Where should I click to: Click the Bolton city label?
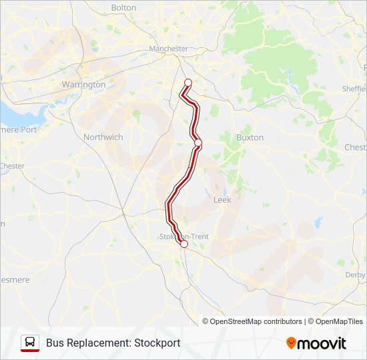click(x=123, y=8)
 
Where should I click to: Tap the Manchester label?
click(x=168, y=49)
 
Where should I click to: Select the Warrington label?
click(x=83, y=85)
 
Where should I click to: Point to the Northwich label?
click(x=103, y=137)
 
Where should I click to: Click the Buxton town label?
click(x=250, y=137)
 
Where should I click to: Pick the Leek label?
click(x=222, y=199)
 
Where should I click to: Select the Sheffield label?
click(x=354, y=89)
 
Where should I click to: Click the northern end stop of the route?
click(x=188, y=83)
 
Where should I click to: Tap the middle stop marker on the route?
click(x=198, y=143)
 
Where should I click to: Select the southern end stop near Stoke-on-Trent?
click(x=184, y=244)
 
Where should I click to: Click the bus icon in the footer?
click(x=30, y=343)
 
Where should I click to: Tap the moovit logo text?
click(x=322, y=343)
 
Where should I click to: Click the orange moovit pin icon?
click(x=291, y=343)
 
